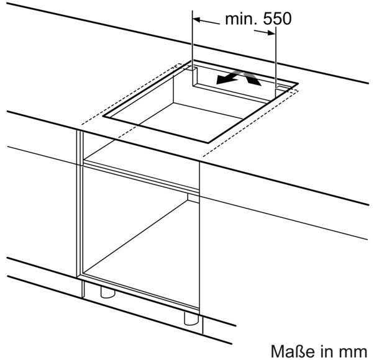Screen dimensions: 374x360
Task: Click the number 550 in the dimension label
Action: pyautogui.click(x=277, y=19)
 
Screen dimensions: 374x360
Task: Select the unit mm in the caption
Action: pyautogui.click(x=355, y=353)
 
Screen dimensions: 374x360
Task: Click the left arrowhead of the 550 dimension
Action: pyautogui.click(x=196, y=19)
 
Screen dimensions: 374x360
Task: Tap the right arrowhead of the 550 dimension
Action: pyautogui.click(x=271, y=33)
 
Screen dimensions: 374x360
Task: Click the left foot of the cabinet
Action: pyautogui.click(x=108, y=292)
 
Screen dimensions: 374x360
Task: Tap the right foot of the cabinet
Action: pyautogui.click(x=191, y=319)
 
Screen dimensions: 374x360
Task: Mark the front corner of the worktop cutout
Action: pyautogui.click(x=208, y=143)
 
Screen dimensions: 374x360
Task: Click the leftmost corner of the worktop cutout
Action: pyautogui.click(x=103, y=116)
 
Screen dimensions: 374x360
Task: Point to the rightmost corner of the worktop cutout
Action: pyautogui.click(x=298, y=83)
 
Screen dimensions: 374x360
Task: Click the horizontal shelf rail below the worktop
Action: pyautogui.click(x=141, y=176)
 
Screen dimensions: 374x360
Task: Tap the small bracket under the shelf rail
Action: pyautogui.click(x=193, y=198)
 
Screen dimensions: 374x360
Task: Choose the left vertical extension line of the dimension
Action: pyautogui.click(x=192, y=48)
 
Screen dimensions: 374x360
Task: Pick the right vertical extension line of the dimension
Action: pyautogui.click(x=276, y=61)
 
